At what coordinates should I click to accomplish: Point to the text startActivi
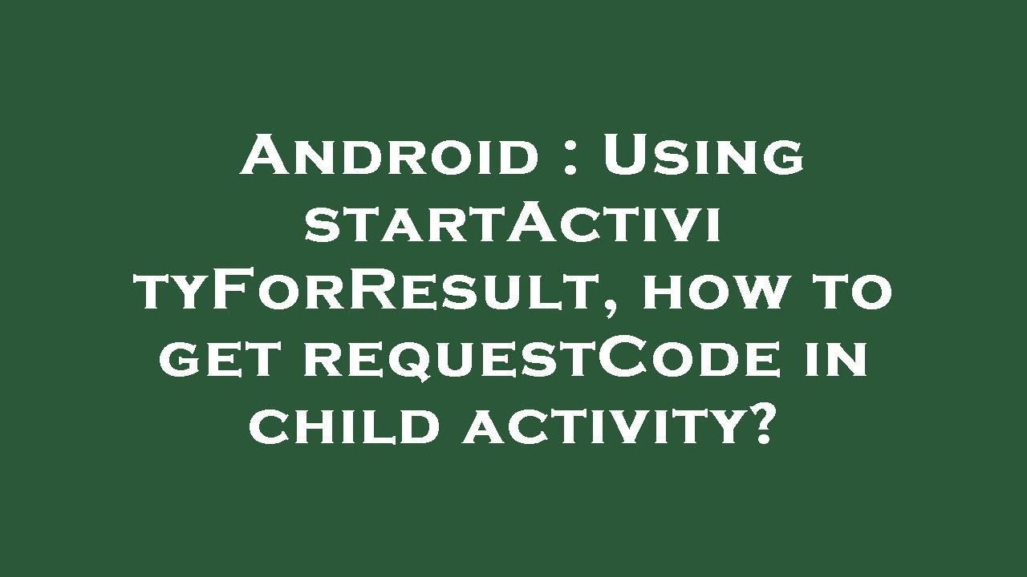pyautogui.click(x=513, y=224)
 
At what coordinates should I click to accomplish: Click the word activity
pyautogui.click(x=602, y=426)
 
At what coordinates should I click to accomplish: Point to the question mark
pyautogui.click(x=765, y=424)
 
